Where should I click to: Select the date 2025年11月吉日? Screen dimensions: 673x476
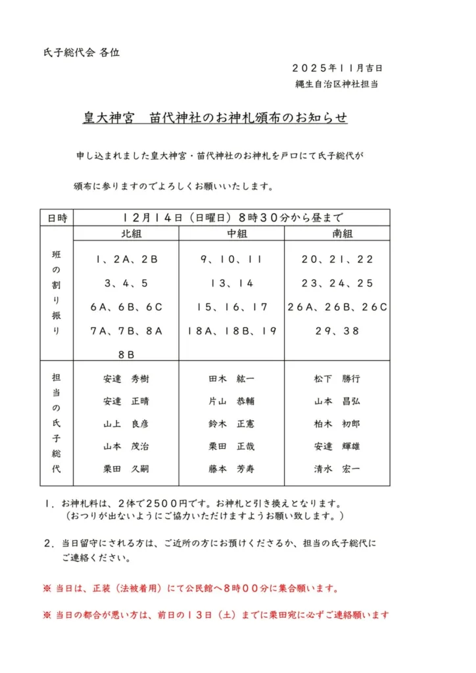coord(337,68)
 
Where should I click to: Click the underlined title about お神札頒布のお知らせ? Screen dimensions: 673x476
coord(214,118)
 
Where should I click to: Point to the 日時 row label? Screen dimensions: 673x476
coord(57,218)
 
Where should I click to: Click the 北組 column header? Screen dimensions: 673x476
coord(126,234)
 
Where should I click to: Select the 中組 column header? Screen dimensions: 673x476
coord(231,234)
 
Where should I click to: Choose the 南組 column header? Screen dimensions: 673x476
coord(337,234)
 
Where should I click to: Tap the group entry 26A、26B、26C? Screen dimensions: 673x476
coord(337,307)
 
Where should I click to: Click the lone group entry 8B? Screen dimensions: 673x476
coord(126,354)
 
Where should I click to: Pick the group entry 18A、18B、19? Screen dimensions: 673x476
coord(231,331)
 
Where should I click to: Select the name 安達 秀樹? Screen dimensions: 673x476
coord(126,379)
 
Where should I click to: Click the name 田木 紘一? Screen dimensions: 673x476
coord(231,379)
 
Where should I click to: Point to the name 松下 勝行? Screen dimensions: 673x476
coord(337,379)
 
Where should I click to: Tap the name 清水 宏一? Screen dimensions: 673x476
coord(337,469)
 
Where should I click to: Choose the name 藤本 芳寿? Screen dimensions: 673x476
coord(231,469)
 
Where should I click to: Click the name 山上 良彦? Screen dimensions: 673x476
coord(126,424)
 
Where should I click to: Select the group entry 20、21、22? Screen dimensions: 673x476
coord(337,260)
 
